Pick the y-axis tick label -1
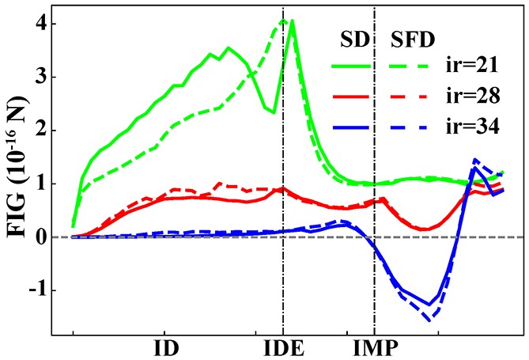(x=35, y=290)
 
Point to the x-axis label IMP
(x=376, y=348)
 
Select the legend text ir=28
(x=472, y=97)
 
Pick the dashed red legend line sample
(x=414, y=97)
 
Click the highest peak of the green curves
(x=292, y=21)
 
